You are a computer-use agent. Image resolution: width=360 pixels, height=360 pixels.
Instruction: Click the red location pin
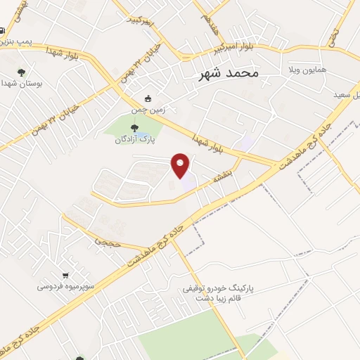pyautogui.click(x=181, y=165)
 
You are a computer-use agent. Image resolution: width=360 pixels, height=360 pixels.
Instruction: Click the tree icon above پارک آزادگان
pyautogui.click(x=134, y=127)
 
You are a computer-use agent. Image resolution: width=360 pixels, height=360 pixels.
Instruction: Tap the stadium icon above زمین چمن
pyautogui.click(x=147, y=98)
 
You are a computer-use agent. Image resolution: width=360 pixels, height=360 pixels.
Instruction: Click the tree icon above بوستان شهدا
pyautogui.click(x=22, y=70)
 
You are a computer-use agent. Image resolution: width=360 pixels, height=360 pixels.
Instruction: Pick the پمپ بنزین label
pyautogui.click(x=15, y=44)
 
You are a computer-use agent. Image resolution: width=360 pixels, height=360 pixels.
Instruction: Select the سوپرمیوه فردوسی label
pyautogui.click(x=64, y=287)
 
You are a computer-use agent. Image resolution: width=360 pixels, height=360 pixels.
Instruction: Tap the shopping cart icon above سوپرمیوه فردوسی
pyautogui.click(x=65, y=275)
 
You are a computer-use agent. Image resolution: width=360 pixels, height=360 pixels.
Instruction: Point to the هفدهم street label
pyautogui.click(x=208, y=25)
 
